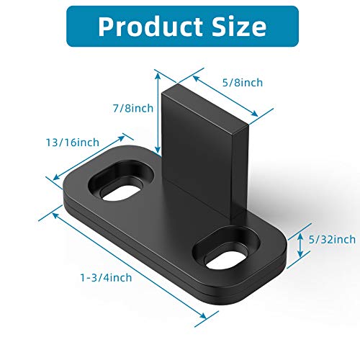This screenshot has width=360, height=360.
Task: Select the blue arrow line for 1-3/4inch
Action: click(126, 263)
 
